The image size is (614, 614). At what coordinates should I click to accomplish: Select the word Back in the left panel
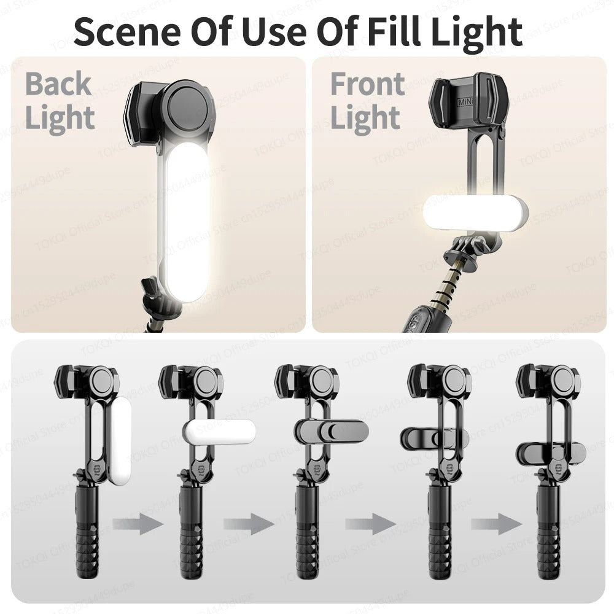58,84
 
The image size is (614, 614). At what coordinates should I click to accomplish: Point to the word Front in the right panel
367,84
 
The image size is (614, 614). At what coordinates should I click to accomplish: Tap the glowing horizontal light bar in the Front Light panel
475,212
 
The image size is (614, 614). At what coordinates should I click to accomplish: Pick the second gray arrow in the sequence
248,525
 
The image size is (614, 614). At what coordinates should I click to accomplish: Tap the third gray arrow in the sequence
370,525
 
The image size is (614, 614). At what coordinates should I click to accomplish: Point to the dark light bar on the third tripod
332,430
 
